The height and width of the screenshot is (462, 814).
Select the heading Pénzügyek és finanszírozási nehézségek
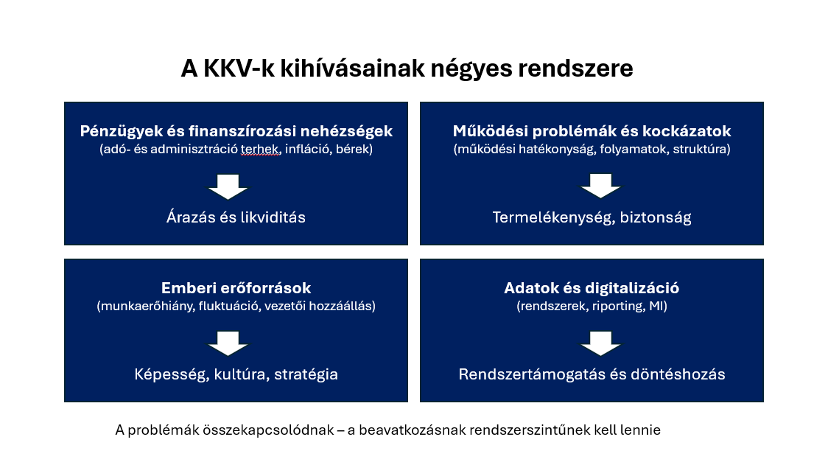tap(236, 131)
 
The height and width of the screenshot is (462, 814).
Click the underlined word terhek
tap(259, 149)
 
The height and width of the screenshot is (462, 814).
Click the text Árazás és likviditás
tap(236, 217)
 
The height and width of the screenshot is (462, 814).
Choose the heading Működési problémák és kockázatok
tap(592, 131)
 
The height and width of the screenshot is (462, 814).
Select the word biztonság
tap(656, 217)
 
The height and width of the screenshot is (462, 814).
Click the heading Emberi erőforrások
tap(236, 287)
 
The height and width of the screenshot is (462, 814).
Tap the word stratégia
tap(306, 374)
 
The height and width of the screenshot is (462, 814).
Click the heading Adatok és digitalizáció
tap(592, 287)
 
